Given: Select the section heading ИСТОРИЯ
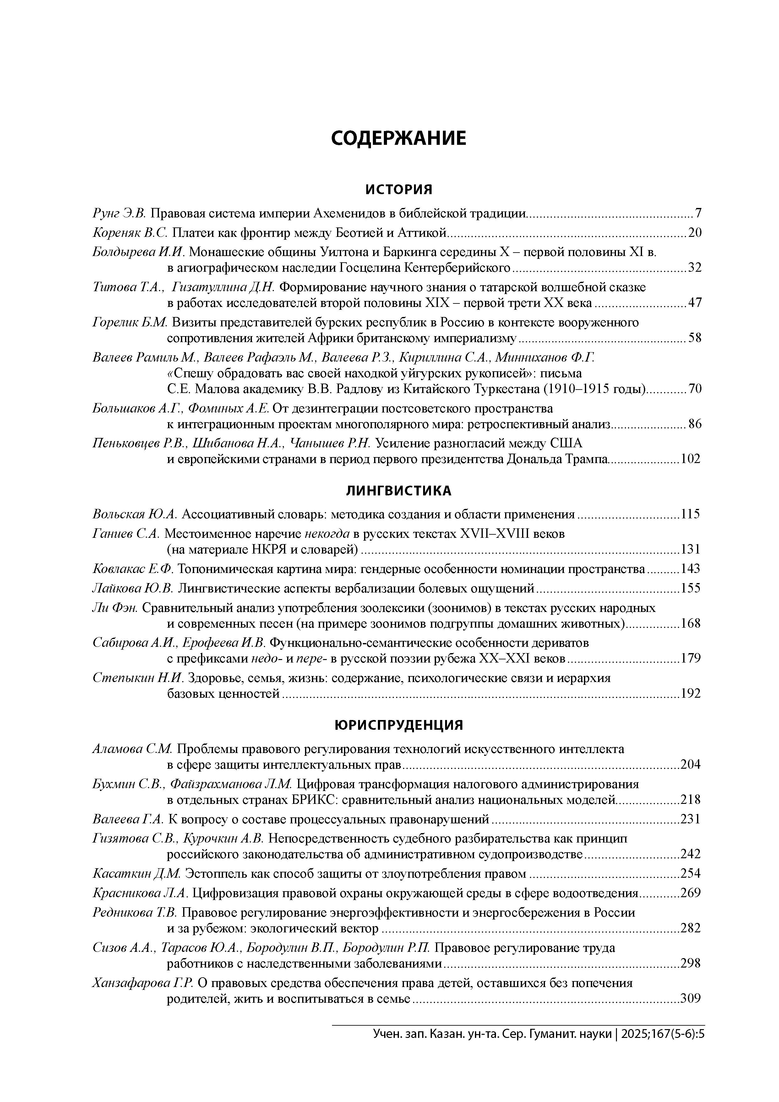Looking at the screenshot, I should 398,190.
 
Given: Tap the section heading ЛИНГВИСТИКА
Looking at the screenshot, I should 398,490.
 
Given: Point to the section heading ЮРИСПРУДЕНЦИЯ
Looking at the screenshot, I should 398,725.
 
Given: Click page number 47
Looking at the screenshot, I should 695,303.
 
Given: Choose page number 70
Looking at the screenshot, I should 695,389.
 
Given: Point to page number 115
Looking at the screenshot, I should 691,515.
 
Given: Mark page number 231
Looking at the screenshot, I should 691,819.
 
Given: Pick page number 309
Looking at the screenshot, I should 691,999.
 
